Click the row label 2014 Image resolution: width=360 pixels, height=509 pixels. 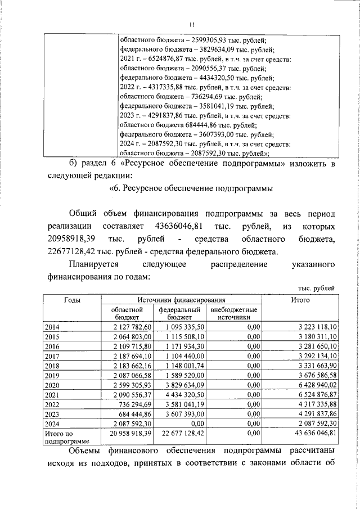coord(52,327)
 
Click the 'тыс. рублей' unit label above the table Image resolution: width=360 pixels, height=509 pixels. coord(317,289)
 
